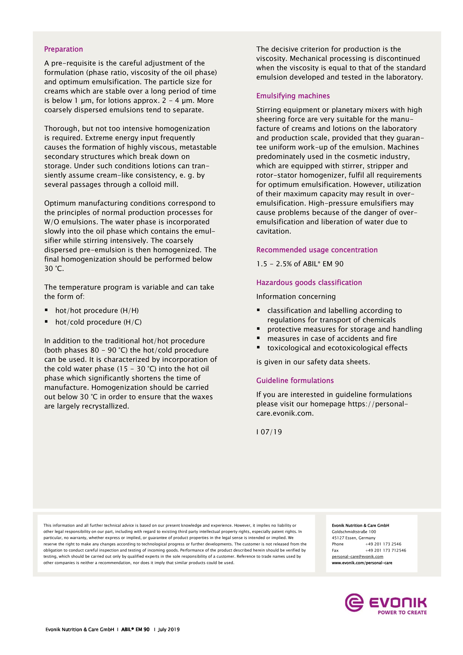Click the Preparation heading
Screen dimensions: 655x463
point(63,49)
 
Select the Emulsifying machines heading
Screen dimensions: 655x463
point(293,96)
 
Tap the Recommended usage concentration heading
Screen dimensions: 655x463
point(317,250)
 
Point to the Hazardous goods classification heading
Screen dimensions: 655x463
point(309,283)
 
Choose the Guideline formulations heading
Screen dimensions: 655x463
point(295,381)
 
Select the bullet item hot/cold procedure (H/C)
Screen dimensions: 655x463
point(98,322)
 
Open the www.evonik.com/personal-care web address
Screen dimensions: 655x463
point(362,563)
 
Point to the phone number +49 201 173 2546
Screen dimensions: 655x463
point(383,544)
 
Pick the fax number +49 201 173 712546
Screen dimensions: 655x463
point(385,550)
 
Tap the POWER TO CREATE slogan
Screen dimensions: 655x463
point(402,612)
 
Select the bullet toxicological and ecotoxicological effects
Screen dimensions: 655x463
point(337,348)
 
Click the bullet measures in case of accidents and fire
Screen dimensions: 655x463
point(332,339)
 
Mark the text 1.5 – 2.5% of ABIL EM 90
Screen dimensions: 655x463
point(299,264)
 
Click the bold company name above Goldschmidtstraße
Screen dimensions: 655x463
point(360,525)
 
